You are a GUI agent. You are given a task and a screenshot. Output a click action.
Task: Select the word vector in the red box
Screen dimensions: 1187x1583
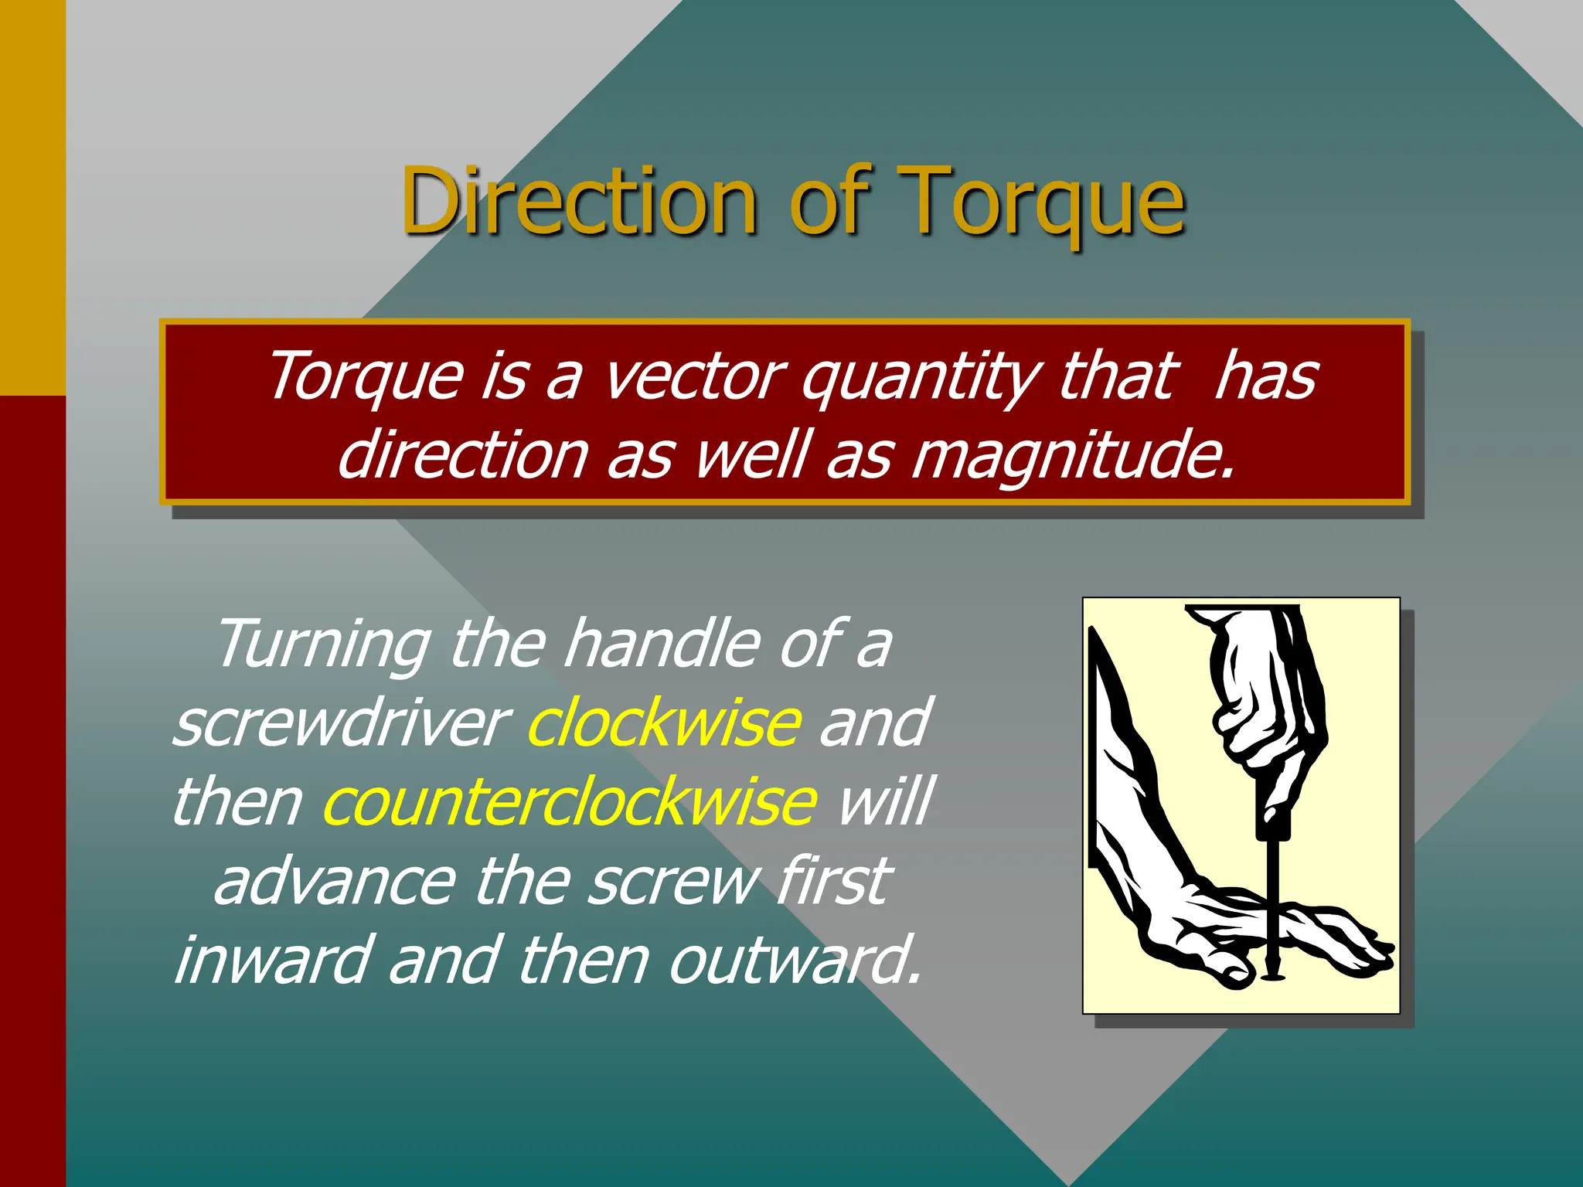[x=693, y=376]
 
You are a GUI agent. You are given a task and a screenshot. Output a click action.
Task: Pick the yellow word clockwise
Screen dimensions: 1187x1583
[x=663, y=723]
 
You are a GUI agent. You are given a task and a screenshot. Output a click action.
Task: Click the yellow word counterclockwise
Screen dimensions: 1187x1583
[x=570, y=802]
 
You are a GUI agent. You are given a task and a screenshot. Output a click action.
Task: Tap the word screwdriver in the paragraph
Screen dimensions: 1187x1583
[x=340, y=723]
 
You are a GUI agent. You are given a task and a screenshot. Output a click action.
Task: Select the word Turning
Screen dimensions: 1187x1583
[x=323, y=643]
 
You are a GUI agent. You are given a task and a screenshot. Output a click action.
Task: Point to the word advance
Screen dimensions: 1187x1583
[x=334, y=882]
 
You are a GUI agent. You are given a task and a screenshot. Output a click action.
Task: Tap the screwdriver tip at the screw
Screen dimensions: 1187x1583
[x=1272, y=975]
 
